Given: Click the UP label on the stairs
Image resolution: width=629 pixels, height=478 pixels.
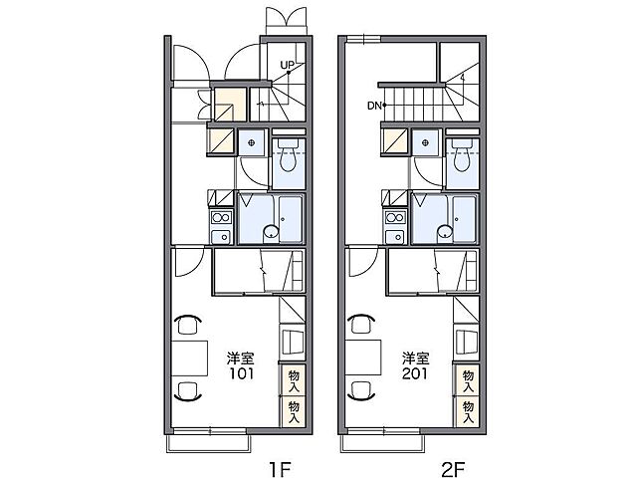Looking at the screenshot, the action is coord(288,65).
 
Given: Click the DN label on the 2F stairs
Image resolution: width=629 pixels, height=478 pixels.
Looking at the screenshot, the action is coord(374,106).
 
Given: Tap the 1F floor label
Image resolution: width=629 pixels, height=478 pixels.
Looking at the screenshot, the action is coord(280,469).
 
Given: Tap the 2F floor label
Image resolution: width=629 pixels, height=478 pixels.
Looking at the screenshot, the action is coord(453,469).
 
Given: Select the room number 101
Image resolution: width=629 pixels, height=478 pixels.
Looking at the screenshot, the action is coord(242,373).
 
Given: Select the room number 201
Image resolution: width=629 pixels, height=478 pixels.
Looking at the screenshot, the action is coord(416,373).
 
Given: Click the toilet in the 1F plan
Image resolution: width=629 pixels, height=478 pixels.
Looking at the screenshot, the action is coord(288,155).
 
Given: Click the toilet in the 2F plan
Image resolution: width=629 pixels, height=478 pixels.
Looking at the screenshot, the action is coord(462,155).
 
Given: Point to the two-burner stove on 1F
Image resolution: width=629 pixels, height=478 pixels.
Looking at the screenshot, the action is coord(221,217).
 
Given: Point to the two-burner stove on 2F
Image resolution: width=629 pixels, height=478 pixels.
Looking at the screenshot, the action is coord(395,217).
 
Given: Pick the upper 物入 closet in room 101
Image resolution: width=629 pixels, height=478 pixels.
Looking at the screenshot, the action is coord(294,379).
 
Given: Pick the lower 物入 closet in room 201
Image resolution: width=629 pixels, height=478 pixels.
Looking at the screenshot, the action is coord(468,412).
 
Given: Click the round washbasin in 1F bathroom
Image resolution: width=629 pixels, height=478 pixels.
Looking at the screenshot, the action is coord(272,232).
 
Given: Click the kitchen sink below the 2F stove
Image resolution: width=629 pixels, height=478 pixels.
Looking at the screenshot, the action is coord(395,237).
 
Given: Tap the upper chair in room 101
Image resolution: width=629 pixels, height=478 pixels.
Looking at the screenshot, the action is coord(188,325).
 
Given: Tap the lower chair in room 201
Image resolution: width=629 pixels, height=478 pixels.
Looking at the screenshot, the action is coord(362,391).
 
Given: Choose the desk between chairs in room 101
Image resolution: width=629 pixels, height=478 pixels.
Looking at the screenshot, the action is coord(189,358).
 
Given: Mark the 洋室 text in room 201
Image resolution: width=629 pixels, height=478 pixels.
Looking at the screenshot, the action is coord(416,358).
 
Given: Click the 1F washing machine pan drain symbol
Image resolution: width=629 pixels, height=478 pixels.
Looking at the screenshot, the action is coord(251,142).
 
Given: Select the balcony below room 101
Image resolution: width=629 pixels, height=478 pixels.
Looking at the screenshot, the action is coord(209,443).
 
